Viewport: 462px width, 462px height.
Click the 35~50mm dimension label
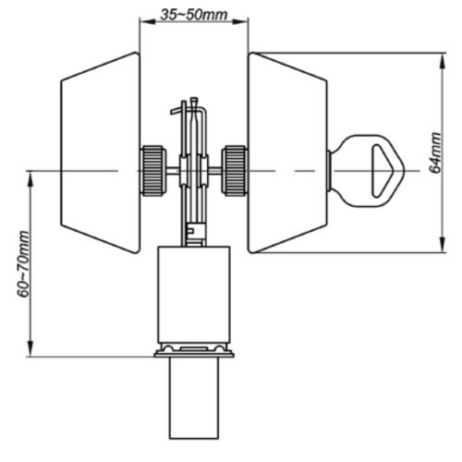[x=194, y=15]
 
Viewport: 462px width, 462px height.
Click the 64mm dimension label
[x=435, y=153]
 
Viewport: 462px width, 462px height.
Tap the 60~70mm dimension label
[x=23, y=264]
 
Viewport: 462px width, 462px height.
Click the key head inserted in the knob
[x=367, y=170]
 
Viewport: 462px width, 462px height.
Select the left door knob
[x=101, y=152]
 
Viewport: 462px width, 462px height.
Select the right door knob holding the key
[x=288, y=152]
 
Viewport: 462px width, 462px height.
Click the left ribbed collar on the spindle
[x=153, y=170]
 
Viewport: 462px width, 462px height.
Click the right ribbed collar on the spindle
[x=235, y=170]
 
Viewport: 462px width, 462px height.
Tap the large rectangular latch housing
[x=194, y=295]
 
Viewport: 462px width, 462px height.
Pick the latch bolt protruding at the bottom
[x=194, y=398]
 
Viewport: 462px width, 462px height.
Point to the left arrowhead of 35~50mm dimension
[x=146, y=21]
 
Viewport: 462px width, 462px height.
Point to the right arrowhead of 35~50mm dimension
[x=242, y=21]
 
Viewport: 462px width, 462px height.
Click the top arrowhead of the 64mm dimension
[x=443, y=61]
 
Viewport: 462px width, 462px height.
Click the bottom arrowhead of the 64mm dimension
[x=443, y=245]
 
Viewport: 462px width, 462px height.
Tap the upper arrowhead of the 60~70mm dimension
[x=30, y=179]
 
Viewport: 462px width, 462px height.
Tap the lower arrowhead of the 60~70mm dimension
[x=30, y=348]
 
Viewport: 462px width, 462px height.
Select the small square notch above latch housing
[x=190, y=230]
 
